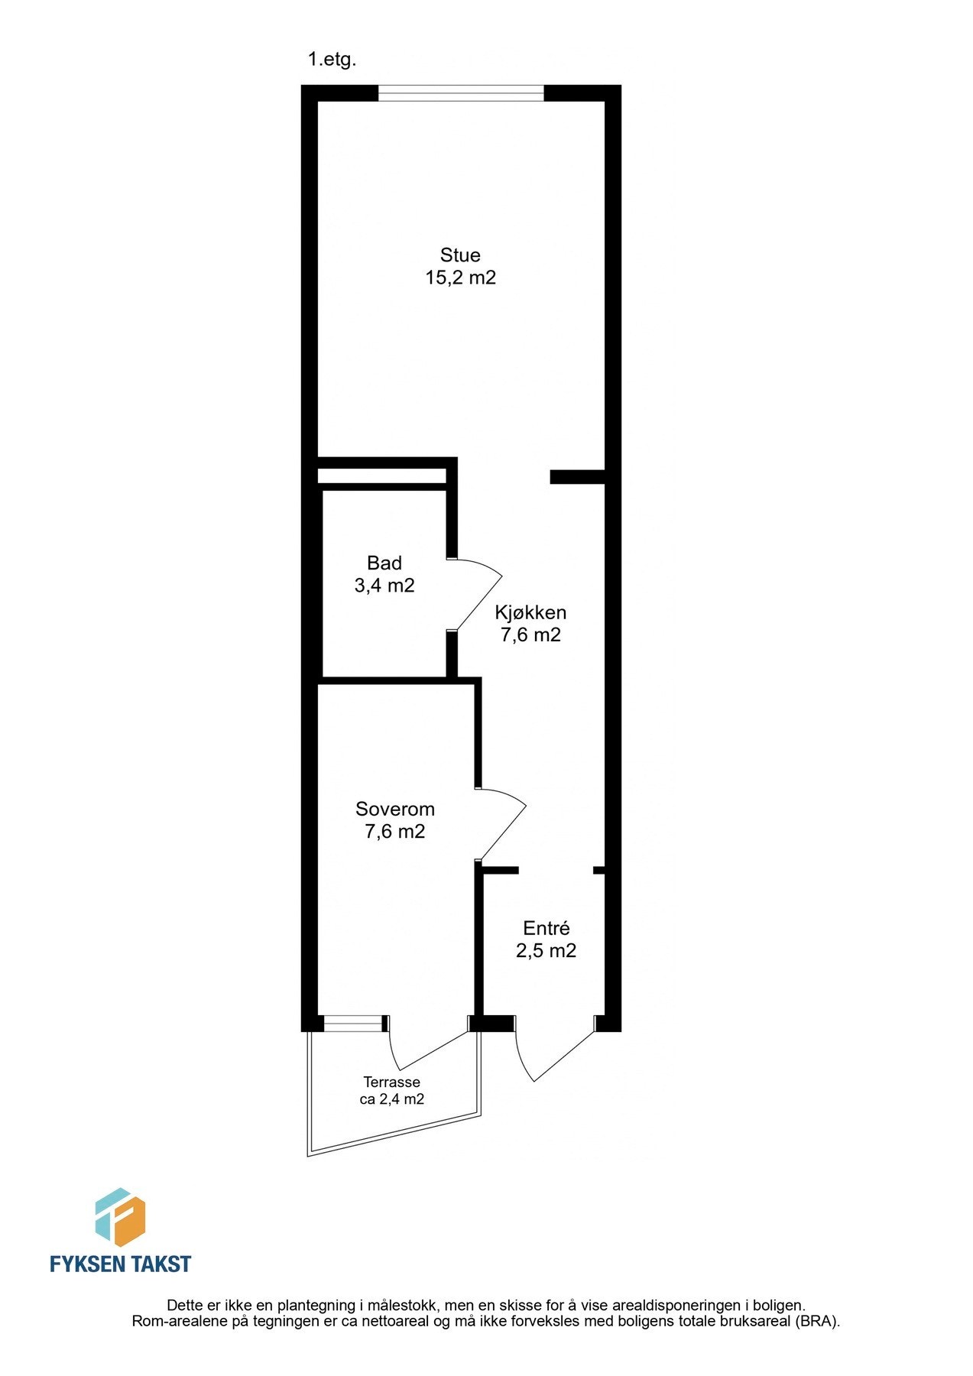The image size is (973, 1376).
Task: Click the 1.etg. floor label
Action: pyautogui.click(x=332, y=60)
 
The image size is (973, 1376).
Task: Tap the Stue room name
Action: pyautogui.click(x=460, y=255)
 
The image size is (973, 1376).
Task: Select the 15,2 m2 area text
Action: pyautogui.click(x=460, y=277)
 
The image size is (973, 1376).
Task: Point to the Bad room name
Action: pyautogui.click(x=384, y=563)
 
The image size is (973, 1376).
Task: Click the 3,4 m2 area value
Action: pyautogui.click(x=384, y=586)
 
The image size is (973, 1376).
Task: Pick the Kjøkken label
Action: pyautogui.click(x=530, y=612)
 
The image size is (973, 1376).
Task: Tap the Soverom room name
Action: pyautogui.click(x=395, y=809)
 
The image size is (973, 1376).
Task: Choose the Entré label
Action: pyautogui.click(x=546, y=929)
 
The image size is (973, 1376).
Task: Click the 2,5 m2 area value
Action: pyautogui.click(x=546, y=951)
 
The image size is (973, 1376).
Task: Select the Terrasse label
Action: pyautogui.click(x=391, y=1082)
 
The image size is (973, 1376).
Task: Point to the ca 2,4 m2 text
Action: pyautogui.click(x=391, y=1100)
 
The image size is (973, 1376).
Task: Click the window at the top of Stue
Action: pyautogui.click(x=461, y=93)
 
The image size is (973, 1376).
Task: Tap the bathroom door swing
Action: pyautogui.click(x=478, y=593)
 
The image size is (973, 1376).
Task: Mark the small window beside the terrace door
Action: pyautogui.click(x=353, y=1024)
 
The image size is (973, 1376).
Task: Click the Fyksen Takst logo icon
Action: pyautogui.click(x=120, y=1218)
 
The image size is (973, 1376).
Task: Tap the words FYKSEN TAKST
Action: pyautogui.click(x=120, y=1264)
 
